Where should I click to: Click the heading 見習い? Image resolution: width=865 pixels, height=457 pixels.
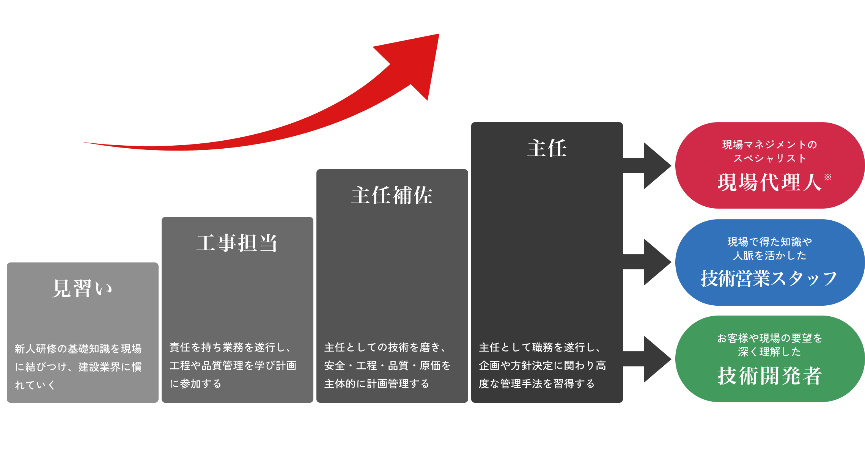pos(82,289)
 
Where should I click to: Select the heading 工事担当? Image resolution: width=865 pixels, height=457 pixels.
pos(237,243)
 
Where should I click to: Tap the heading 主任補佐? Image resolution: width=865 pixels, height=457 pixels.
pos(392,196)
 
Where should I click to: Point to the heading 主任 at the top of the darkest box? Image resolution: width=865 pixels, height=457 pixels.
pos(547,148)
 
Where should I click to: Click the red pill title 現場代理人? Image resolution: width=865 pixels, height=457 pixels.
pos(769,182)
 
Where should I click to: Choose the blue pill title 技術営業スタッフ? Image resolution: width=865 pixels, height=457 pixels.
pos(769,279)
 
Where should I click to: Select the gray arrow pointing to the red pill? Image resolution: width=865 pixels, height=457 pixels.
pos(653,166)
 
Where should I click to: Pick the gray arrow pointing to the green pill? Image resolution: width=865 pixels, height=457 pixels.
pos(653,359)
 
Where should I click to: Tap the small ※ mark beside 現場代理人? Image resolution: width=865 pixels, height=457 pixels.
pos(828,177)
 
